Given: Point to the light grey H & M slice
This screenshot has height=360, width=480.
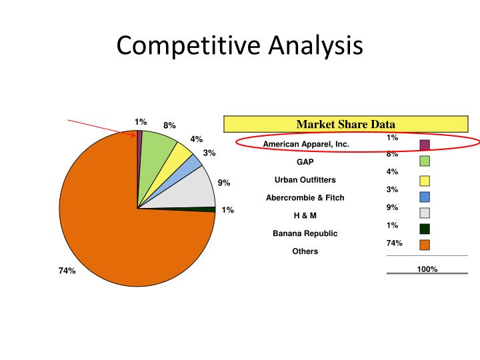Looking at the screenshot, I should click(x=197, y=188).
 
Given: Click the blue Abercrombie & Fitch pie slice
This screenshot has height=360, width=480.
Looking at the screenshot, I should click(x=193, y=163).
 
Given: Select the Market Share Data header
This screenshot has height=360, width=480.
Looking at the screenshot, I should click(x=345, y=124).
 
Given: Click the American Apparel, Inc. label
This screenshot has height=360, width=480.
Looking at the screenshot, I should click(x=306, y=144).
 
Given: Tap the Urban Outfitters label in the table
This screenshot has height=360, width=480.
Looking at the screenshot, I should click(x=305, y=180).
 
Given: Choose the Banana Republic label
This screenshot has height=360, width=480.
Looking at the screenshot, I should click(x=305, y=233).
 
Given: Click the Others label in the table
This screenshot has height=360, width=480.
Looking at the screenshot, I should click(x=305, y=251).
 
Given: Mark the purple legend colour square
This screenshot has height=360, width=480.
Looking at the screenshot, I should click(x=425, y=145).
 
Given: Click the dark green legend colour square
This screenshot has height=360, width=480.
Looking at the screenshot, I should click(x=425, y=229).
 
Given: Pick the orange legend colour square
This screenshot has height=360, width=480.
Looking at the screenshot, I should click(x=425, y=245).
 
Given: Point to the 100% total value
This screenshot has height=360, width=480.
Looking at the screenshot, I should click(x=427, y=269).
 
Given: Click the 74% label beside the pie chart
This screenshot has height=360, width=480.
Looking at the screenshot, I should click(x=67, y=271).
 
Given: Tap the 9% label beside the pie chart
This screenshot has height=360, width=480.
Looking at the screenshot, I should click(x=224, y=183).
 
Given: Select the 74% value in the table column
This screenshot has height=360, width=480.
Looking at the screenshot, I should click(x=394, y=243).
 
